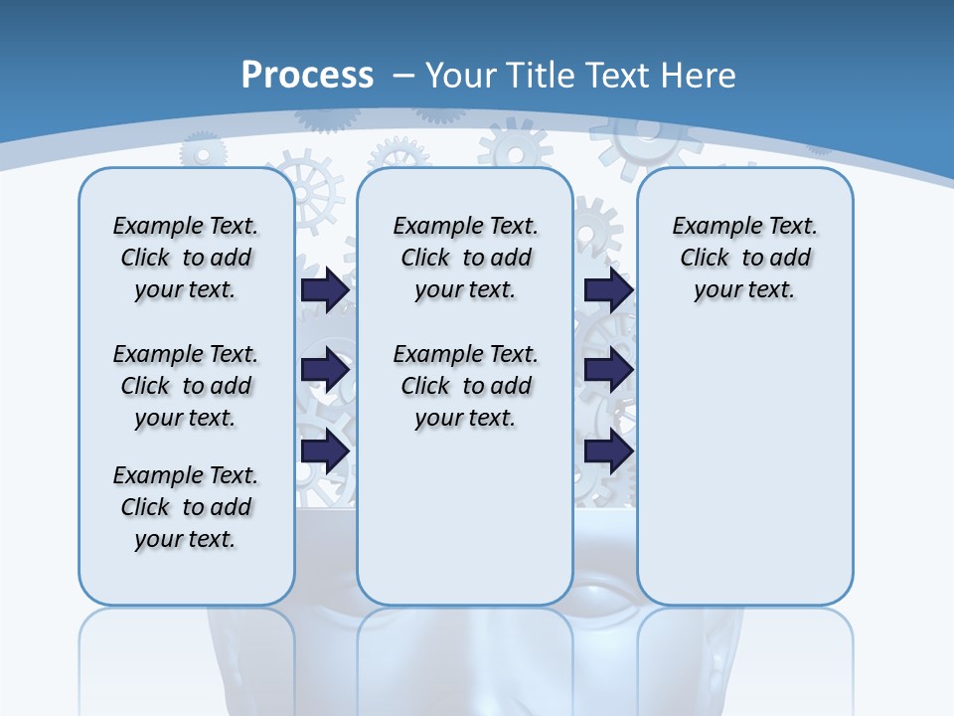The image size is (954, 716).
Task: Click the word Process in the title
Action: pos(307,75)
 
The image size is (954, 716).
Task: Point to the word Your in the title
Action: pos(461,75)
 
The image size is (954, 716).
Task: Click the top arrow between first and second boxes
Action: pos(325,289)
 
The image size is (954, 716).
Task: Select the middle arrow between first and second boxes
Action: pos(325,370)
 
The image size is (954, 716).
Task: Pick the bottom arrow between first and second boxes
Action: pos(325,450)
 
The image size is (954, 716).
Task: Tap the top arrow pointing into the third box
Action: pos(608,289)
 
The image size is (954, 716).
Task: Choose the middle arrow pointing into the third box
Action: pos(608,370)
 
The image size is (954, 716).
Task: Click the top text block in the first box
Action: pos(186,258)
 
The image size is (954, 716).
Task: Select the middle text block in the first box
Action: pos(186,386)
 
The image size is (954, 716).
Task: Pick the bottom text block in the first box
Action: pos(186,507)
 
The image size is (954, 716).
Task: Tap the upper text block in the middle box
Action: pos(465,258)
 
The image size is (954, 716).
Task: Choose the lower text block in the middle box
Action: pos(465,386)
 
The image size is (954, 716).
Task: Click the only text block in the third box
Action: pos(745,258)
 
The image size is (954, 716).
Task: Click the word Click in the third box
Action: pos(705,258)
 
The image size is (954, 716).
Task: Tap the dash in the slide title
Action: pos(403,75)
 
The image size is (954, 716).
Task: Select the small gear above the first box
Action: pos(203,154)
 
